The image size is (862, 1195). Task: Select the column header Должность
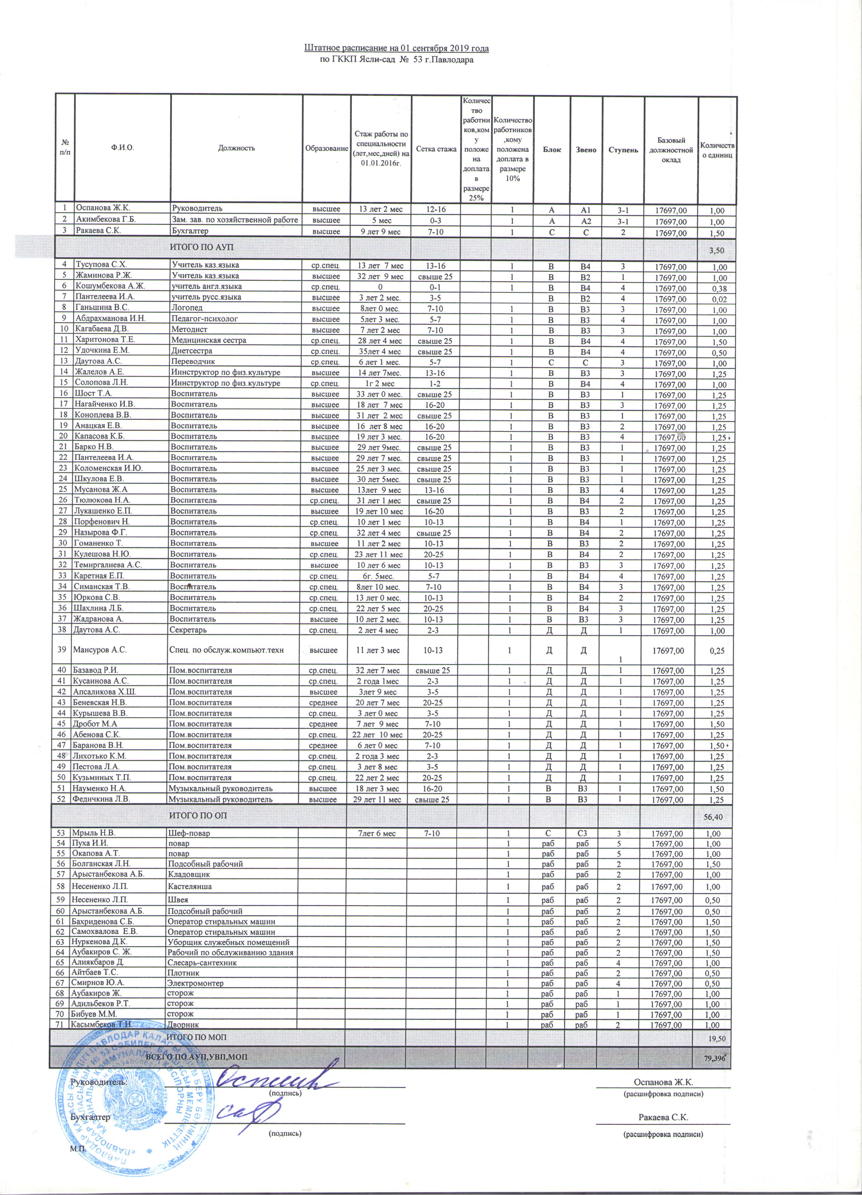point(236,149)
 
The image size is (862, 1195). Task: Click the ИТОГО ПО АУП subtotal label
point(200,247)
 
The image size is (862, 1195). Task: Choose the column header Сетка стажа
point(436,149)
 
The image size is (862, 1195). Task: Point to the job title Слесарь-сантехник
point(202,963)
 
